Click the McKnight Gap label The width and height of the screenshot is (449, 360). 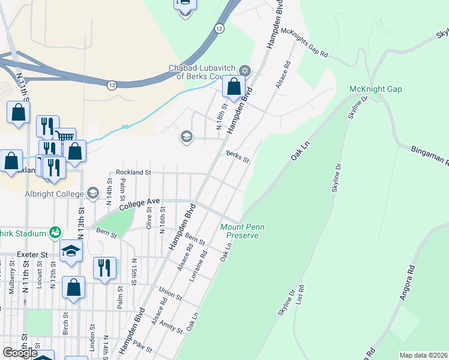tap(376, 89)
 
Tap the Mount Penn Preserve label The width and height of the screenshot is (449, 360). tap(239, 231)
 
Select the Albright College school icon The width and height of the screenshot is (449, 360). tap(92, 193)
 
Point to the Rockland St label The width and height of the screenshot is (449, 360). tap(133, 172)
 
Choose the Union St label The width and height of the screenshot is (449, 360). tap(170, 293)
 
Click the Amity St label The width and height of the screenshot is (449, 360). tap(170, 326)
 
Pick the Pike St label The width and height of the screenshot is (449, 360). tap(143, 347)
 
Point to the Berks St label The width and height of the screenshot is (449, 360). tap(237, 156)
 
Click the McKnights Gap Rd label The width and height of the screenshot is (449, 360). tap(305, 43)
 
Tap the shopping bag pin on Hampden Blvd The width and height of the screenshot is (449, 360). tap(234, 86)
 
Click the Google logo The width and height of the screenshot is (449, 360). tap(20, 353)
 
